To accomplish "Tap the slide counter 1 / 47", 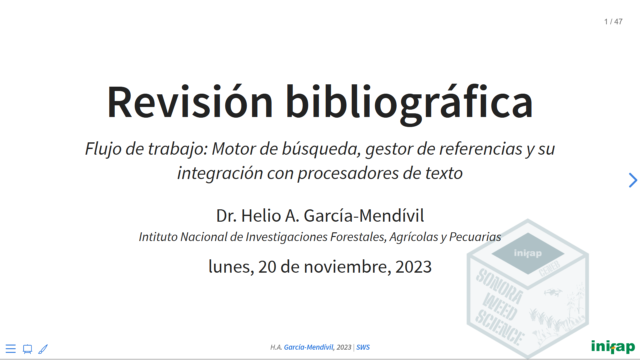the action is pos(613,22).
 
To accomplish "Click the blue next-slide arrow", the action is pos(633,180).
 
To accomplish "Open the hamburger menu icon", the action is pos(11,349).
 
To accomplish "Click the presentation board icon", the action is pos(27,349).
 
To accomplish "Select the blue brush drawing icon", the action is pos(43,349).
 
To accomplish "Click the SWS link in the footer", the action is pos(363,347).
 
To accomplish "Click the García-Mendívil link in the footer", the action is pos(309,347).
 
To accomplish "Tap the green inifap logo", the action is pos(613,347).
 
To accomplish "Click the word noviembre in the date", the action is pos(347,267).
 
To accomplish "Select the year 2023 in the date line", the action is pos(413,267).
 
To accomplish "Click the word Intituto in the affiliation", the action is pos(158,237).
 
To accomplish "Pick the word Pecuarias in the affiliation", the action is pos(475,237).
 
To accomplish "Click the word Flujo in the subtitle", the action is pos(103,149).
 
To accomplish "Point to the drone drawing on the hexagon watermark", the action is pos(553,292).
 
